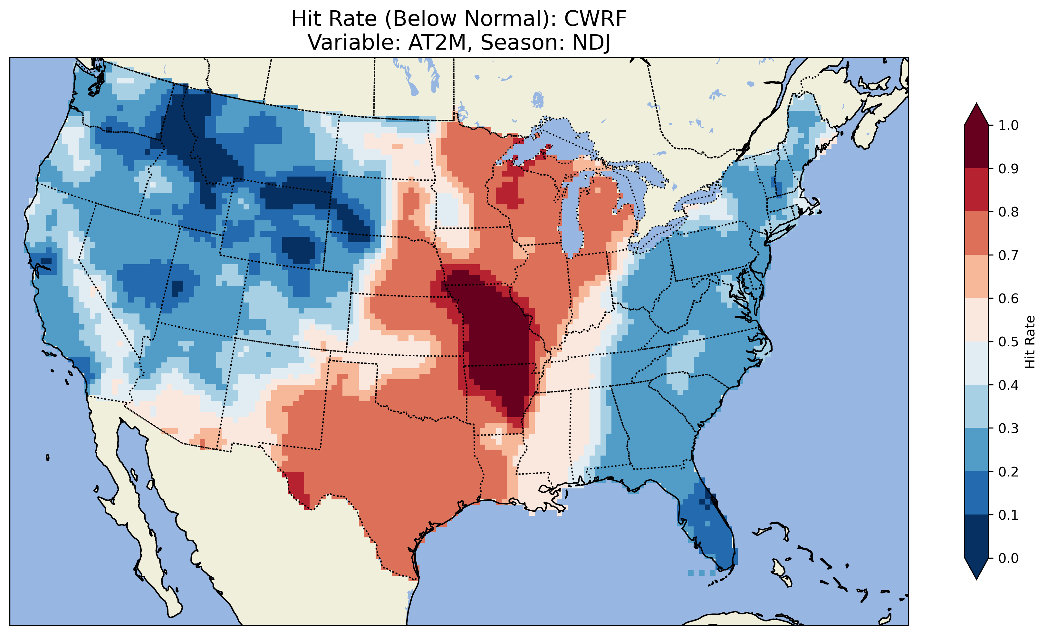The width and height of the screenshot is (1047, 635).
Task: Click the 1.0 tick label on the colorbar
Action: click(x=1008, y=125)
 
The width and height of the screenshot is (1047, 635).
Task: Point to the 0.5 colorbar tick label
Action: click(x=1008, y=342)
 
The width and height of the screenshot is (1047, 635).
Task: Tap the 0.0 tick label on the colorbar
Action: click(x=1008, y=558)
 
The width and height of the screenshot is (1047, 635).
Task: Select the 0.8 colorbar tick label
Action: click(x=1008, y=212)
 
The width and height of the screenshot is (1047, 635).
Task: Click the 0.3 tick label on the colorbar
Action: click(x=1008, y=428)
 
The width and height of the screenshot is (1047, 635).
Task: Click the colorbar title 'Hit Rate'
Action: click(x=1030, y=342)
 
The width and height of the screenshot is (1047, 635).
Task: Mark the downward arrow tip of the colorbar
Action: click(x=976, y=578)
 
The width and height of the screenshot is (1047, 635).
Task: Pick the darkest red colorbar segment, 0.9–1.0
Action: click(x=976, y=147)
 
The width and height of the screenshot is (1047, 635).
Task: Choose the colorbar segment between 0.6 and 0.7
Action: click(x=976, y=277)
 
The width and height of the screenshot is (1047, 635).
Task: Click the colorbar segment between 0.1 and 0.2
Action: click(x=976, y=493)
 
